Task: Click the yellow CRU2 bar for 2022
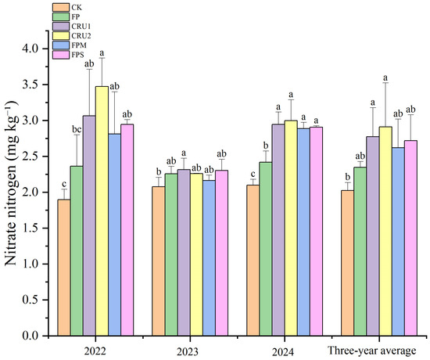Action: [102, 211]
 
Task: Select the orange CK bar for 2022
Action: [64, 268]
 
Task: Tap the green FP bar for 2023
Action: [171, 254]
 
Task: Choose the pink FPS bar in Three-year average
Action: [410, 238]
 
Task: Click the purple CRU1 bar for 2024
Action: [278, 230]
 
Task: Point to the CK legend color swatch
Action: [61, 7]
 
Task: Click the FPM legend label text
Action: [79, 45]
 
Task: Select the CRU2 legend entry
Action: [72, 36]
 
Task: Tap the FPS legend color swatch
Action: [61, 55]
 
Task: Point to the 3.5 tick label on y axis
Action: [31, 85]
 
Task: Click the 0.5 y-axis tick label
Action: [31, 300]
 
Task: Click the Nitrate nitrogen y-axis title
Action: [12, 183]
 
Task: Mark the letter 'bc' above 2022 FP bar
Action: [77, 129]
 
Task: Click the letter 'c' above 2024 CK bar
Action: [253, 174]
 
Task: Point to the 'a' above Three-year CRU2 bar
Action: [385, 77]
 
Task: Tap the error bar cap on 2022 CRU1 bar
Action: [89, 69]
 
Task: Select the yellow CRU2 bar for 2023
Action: [196, 254]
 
